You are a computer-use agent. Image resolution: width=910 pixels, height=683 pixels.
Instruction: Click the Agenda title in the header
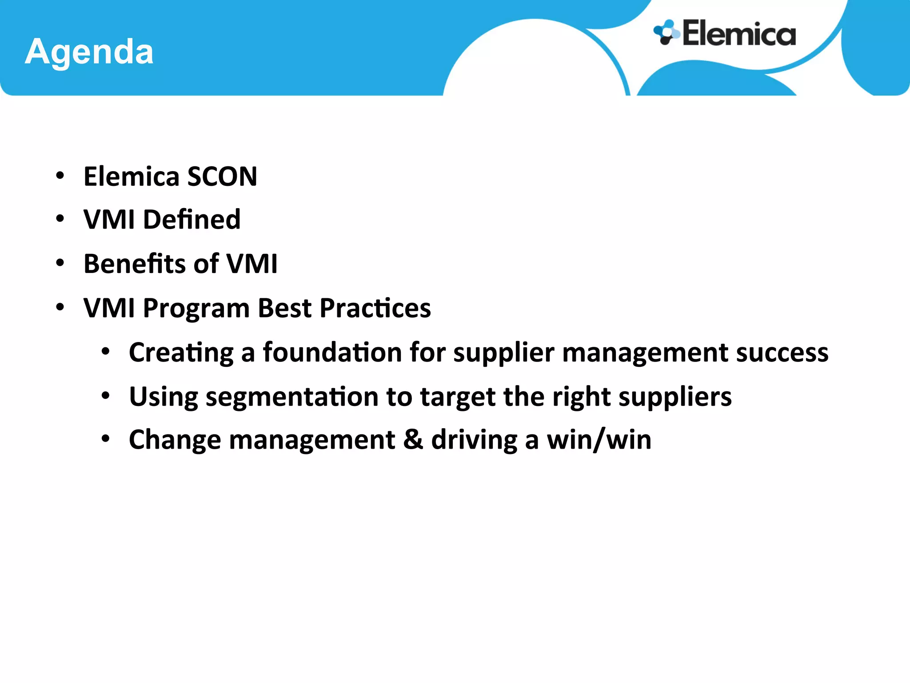tap(89, 52)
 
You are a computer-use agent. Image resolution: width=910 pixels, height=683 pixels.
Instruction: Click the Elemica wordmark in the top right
tap(739, 34)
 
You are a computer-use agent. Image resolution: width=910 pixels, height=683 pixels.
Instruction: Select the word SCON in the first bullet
tap(222, 177)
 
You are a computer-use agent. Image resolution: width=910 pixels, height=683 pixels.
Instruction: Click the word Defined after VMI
tap(192, 220)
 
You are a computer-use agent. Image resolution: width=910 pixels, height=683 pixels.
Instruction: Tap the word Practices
tap(375, 308)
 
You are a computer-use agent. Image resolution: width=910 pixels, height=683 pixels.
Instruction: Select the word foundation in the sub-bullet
tap(332, 353)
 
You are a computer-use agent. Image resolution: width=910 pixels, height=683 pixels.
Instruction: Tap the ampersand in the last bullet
tap(413, 440)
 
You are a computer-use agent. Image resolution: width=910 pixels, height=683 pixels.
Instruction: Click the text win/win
tap(599, 440)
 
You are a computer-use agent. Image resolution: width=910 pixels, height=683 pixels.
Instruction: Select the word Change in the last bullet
tap(175, 440)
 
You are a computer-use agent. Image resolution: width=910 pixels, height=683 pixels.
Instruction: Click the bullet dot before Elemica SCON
tap(60, 176)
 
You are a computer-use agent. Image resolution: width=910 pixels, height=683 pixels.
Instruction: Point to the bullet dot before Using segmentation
tap(105, 395)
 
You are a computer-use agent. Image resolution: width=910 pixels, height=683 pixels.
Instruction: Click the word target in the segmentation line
tap(458, 397)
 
